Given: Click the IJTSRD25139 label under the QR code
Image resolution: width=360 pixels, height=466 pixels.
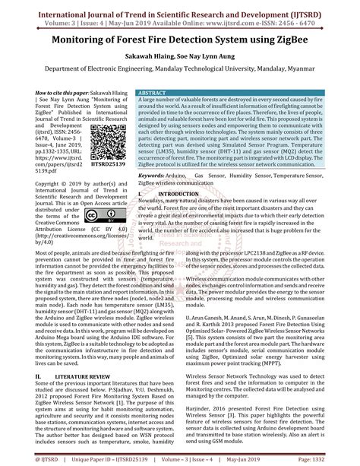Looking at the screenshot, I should [x=114, y=183].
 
